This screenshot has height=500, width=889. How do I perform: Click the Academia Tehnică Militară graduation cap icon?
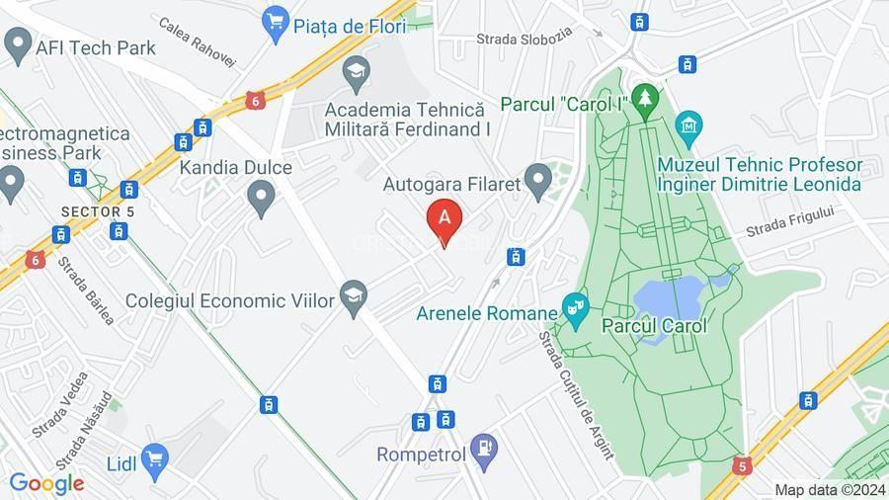[356, 71]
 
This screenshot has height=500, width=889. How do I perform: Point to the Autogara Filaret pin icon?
[537, 181]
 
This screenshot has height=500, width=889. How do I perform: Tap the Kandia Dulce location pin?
[261, 199]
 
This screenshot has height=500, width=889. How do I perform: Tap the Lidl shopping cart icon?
[154, 458]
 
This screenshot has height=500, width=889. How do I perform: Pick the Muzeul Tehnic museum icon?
[687, 125]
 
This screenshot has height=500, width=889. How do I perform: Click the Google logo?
[46, 483]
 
